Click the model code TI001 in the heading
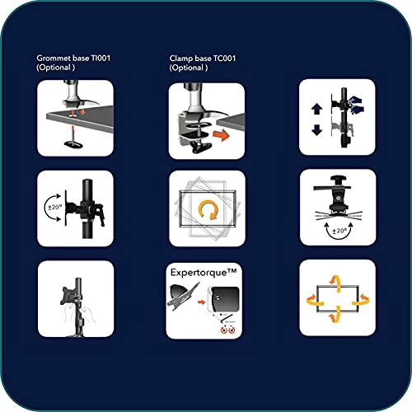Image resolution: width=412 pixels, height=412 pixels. (x=101, y=59)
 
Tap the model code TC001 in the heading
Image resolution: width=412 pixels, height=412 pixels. (x=224, y=59)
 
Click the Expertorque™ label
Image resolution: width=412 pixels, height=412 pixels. (x=204, y=273)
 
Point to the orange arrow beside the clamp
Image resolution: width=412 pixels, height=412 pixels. (x=221, y=135)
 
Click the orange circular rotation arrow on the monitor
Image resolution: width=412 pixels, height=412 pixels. (x=208, y=210)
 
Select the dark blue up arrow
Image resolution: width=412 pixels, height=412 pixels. (x=316, y=109)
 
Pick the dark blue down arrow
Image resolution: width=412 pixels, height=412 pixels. (x=316, y=130)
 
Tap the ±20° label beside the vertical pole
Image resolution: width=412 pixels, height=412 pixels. (x=55, y=207)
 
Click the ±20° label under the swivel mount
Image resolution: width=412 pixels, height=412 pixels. (x=339, y=231)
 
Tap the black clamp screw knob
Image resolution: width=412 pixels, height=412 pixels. (x=201, y=147)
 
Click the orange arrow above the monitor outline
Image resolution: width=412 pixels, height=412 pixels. (x=336, y=283)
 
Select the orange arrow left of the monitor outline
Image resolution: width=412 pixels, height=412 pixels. (x=315, y=299)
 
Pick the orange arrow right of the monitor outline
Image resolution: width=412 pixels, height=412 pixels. (x=361, y=299)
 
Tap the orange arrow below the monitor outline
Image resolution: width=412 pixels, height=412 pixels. (x=335, y=316)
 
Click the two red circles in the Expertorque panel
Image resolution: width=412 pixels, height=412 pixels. (x=228, y=330)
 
